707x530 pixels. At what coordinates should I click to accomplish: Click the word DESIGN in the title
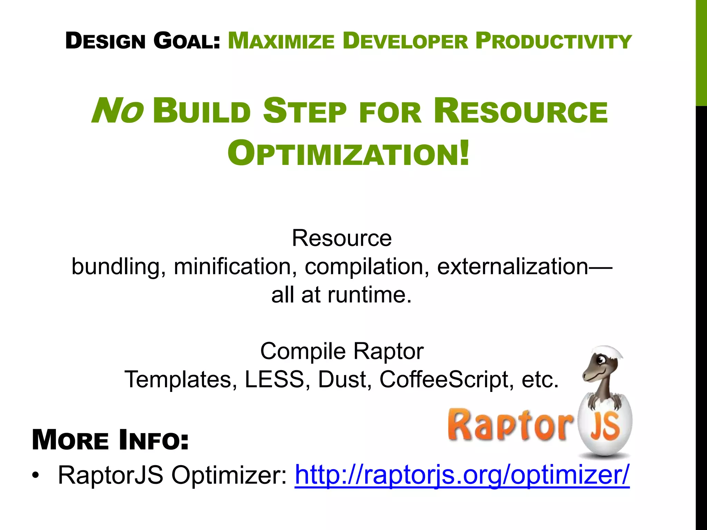pyautogui.click(x=105, y=41)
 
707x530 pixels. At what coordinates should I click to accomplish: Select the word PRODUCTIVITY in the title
pyautogui.click(x=553, y=41)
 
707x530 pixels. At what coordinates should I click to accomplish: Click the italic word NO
pyautogui.click(x=117, y=111)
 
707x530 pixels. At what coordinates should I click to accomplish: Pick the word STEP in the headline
pyautogui.click(x=304, y=111)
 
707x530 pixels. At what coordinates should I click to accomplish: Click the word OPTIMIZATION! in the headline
pyautogui.click(x=348, y=153)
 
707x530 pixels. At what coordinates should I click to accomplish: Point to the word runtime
pyautogui.click(x=369, y=295)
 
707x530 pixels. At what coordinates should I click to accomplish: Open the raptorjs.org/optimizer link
pyautogui.click(x=462, y=475)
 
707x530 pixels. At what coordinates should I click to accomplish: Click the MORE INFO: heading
pyautogui.click(x=110, y=440)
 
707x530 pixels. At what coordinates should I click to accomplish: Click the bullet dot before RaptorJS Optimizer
pyautogui.click(x=35, y=476)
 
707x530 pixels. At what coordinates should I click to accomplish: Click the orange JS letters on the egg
pyautogui.click(x=604, y=427)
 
